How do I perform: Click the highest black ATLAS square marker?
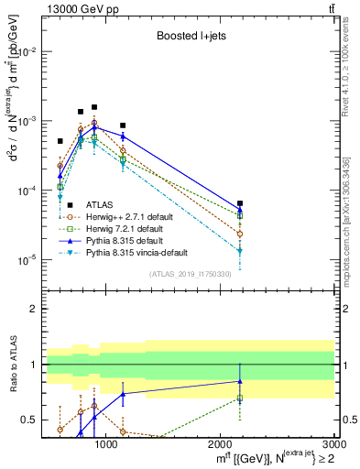[94, 107]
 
